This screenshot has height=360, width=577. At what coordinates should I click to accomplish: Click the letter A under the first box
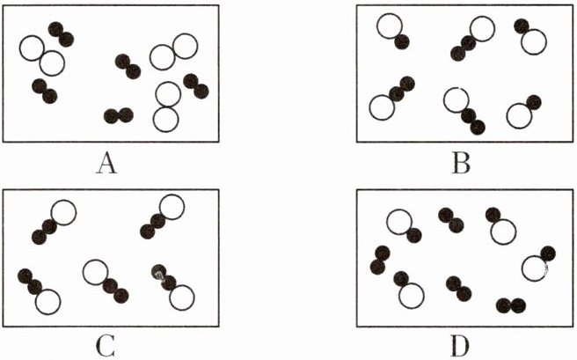pos(110,164)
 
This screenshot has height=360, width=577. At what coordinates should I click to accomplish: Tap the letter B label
pos(463,164)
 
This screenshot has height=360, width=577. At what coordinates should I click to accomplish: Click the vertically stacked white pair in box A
pos(167,106)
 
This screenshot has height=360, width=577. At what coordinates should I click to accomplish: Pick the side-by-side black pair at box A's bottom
pos(118,115)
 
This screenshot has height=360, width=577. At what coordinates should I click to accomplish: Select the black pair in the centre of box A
pos(128,66)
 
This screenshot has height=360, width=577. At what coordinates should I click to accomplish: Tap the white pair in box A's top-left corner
pos(41,55)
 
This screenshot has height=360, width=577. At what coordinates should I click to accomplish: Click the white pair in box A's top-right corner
pos(173,51)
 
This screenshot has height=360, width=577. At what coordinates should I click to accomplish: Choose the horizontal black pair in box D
pos(510,305)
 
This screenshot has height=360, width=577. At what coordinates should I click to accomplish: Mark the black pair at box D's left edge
pos(380,260)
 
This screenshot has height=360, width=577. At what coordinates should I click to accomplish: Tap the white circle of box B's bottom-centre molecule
pos(455,99)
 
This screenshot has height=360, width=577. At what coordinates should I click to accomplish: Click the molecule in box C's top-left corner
pos(55,219)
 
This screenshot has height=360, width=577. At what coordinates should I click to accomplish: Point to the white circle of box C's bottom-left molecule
pos(47,301)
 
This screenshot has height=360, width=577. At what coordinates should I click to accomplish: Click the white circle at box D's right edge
pos(534,268)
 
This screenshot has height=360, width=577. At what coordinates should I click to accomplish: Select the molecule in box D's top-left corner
pos(404,225)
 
